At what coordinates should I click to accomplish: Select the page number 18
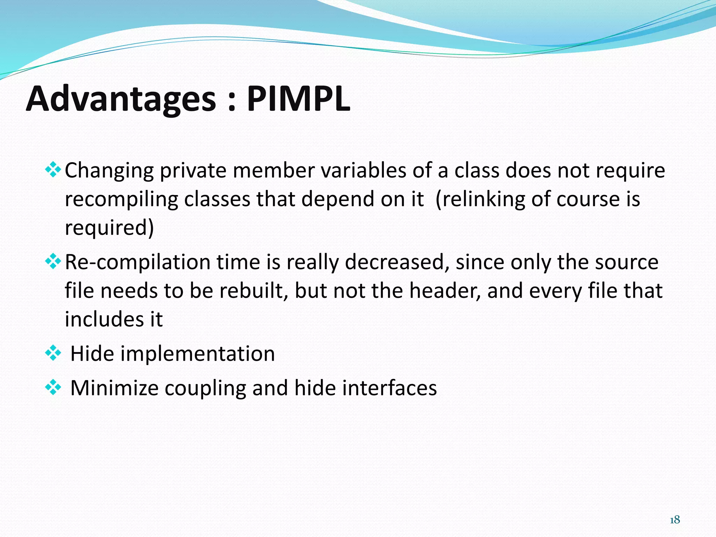coord(675,520)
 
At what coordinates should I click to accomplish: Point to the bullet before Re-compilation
coord(53,262)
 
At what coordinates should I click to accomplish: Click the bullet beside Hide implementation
coord(53,353)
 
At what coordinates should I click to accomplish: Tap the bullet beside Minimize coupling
coord(53,388)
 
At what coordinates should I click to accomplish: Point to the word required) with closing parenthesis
coord(109,228)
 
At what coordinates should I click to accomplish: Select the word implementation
coord(198,353)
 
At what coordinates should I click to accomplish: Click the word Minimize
coord(114,388)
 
